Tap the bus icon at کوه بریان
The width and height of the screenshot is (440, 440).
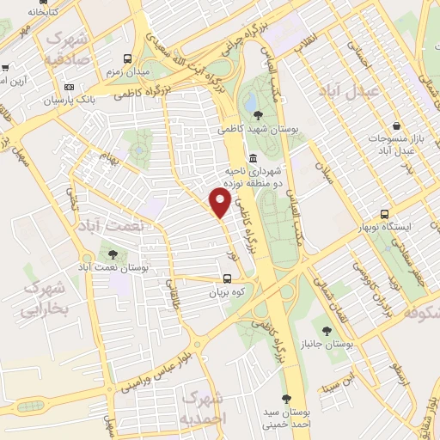pos(228,278)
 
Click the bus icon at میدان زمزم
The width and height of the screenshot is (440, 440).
pos(128,59)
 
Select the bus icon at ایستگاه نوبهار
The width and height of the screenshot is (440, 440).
pos(384,214)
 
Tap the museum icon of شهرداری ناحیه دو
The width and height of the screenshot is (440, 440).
pos(254,158)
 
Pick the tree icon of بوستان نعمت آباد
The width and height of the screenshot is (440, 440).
pos(113,254)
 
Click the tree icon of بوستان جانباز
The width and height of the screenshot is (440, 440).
pos(326,329)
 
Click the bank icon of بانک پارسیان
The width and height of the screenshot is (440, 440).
pos(70,87)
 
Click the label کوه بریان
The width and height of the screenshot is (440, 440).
pos(228,292)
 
